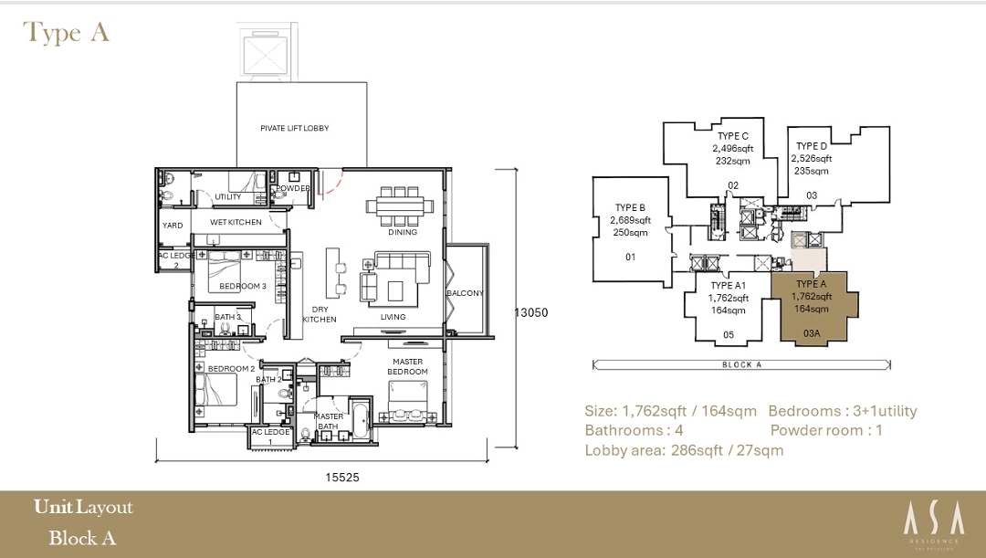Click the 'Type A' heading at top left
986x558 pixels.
click(x=67, y=33)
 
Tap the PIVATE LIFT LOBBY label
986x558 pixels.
click(x=294, y=129)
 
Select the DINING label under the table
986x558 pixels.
click(x=402, y=232)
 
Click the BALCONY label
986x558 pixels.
click(x=466, y=293)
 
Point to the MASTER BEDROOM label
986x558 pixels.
click(x=407, y=366)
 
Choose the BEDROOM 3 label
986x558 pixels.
click(x=242, y=287)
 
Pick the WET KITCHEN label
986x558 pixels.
click(x=236, y=223)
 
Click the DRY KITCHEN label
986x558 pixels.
click(x=320, y=314)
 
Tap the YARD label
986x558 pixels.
click(x=173, y=226)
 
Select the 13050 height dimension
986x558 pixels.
click(x=530, y=312)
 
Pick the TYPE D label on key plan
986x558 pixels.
click(x=811, y=146)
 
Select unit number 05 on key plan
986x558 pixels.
click(x=729, y=335)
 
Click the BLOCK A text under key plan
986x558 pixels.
click(x=742, y=364)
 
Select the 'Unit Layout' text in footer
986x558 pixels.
click(x=83, y=508)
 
